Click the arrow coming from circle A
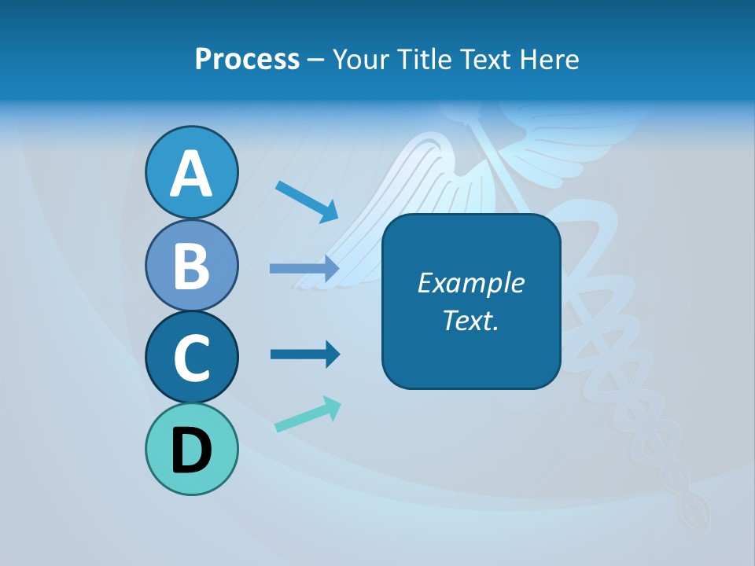pos(307,200)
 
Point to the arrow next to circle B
pos(304,268)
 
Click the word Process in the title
pos(247,60)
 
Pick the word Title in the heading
pos(424,60)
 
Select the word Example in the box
pos(470,283)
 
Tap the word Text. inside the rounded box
pos(470,320)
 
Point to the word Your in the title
pos(358,60)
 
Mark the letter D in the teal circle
pos(191,451)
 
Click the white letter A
pos(191,174)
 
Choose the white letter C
pos(191,358)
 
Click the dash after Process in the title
pos(316,61)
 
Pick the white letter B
pos(191,266)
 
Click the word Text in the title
pos(484,60)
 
